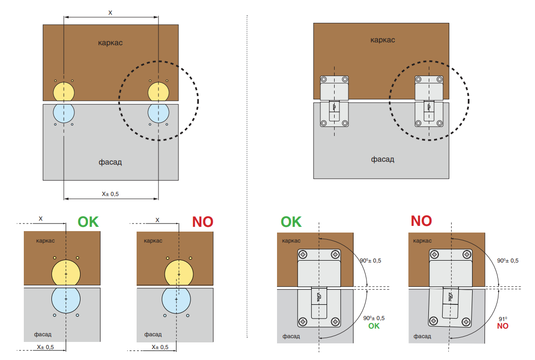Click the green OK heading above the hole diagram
pos(88,222)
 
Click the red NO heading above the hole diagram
pos(202,222)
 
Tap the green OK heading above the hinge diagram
pos(291,222)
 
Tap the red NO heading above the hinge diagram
pos(421,221)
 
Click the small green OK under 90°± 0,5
pos(374,326)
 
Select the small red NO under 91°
pos(503,326)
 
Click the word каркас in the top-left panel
pos(110,43)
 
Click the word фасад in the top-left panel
pos(110,162)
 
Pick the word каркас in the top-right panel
pos(383,40)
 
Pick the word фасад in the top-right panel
pos(383,159)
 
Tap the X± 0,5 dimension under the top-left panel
pos(110,194)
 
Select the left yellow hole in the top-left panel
pos(63,91)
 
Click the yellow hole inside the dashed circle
pos(159,91)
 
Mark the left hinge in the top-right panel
pos(334,102)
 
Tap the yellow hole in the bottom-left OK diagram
pos(66,273)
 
